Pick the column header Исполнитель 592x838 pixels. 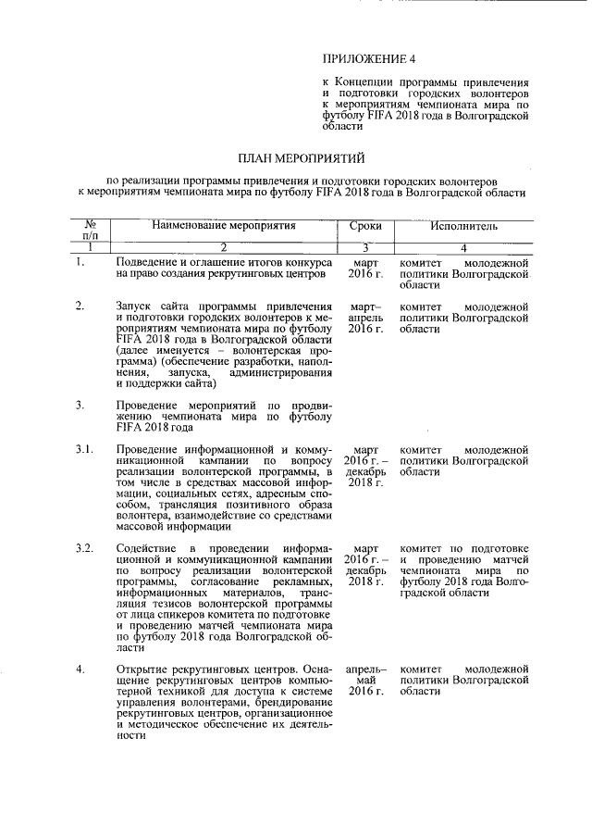click(x=463, y=225)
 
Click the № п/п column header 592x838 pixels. click(x=92, y=231)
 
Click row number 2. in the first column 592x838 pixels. click(x=80, y=306)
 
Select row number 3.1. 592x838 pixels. click(x=84, y=449)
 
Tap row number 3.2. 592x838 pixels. click(x=84, y=548)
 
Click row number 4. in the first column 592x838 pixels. click(x=80, y=669)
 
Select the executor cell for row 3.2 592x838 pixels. click(x=463, y=571)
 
